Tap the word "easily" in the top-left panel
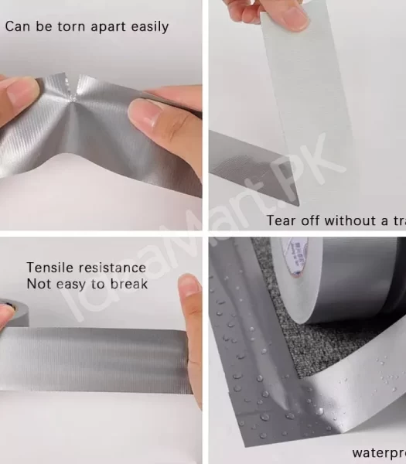pyautogui.click(x=146, y=27)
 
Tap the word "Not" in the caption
pyautogui.click(x=38, y=283)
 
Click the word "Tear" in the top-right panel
pyautogui.click(x=281, y=220)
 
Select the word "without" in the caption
pyautogui.click(x=348, y=220)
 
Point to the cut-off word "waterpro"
pyautogui.click(x=378, y=452)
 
